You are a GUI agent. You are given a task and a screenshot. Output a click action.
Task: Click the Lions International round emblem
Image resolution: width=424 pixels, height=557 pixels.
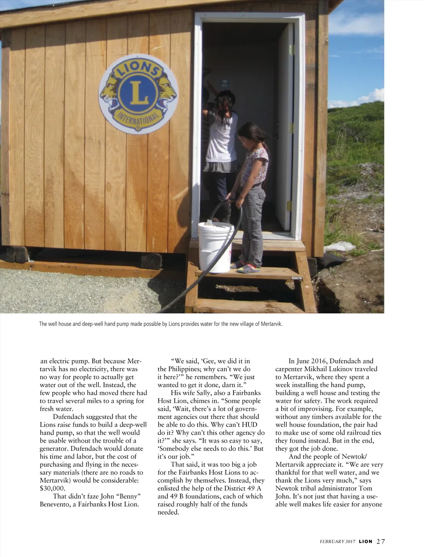click(x=138, y=94)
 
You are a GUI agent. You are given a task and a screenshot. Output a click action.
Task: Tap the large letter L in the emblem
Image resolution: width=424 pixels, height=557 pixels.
click(x=138, y=93)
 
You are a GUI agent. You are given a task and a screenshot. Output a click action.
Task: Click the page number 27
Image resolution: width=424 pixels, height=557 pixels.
click(x=381, y=541)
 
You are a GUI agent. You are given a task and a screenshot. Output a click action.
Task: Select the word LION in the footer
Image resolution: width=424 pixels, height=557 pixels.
click(x=366, y=541)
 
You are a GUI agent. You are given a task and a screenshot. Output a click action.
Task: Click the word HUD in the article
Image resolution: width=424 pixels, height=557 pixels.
click(x=248, y=425)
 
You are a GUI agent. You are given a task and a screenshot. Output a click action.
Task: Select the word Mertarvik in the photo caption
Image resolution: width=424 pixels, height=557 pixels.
click(x=271, y=324)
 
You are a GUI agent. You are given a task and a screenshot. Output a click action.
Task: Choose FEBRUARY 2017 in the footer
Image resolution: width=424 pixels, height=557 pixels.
click(x=337, y=542)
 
